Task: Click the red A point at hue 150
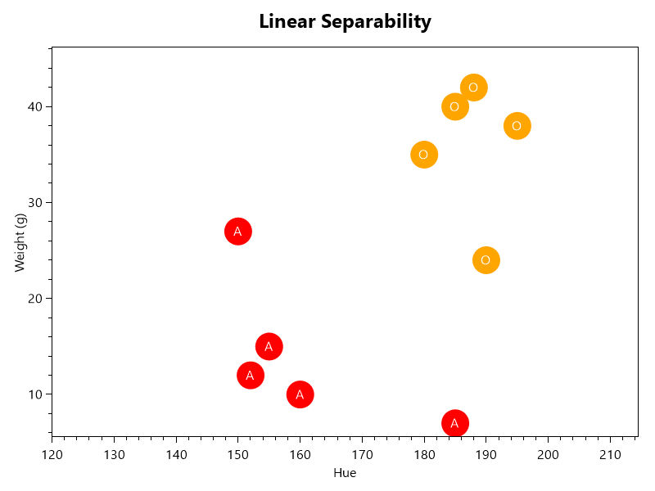coord(237,232)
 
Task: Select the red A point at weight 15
coord(269,346)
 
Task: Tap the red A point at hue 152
coord(250,376)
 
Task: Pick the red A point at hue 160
coord(300,394)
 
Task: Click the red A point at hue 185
coord(454,423)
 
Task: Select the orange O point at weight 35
coord(423,155)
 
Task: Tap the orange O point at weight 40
coord(454,106)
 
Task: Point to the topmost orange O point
coord(473,88)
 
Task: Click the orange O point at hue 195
coord(517,126)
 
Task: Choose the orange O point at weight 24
coord(486,260)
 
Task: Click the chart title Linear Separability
coord(345,22)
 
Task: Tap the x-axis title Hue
coord(345,473)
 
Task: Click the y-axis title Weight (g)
coord(20,241)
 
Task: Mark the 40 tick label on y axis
coord(36,106)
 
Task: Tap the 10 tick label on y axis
coord(36,394)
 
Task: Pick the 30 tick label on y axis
coord(36,202)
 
